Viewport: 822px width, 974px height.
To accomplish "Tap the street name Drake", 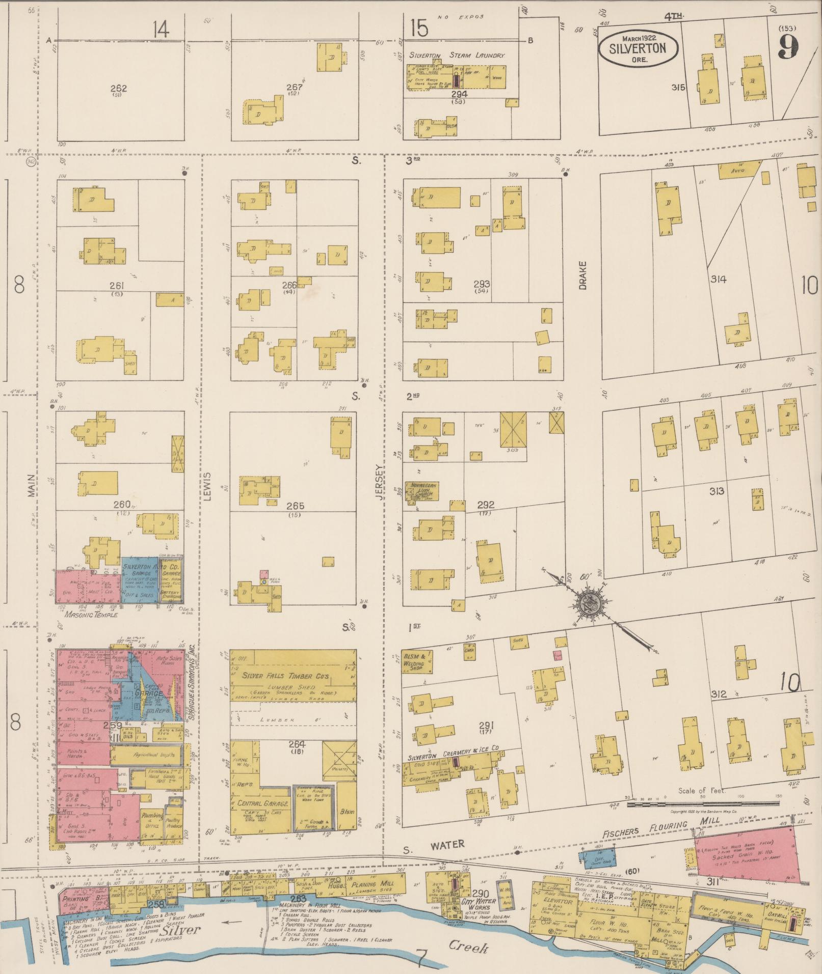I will point(582,275).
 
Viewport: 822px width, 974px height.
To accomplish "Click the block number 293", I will point(482,284).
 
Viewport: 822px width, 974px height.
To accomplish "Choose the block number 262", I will point(118,89).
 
